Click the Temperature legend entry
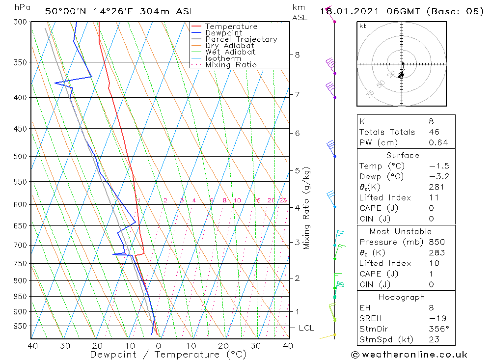(x=231, y=27)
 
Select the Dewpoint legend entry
(x=223, y=33)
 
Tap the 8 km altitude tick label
(x=297, y=55)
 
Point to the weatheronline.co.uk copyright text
(x=409, y=354)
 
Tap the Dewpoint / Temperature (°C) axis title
(x=168, y=354)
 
